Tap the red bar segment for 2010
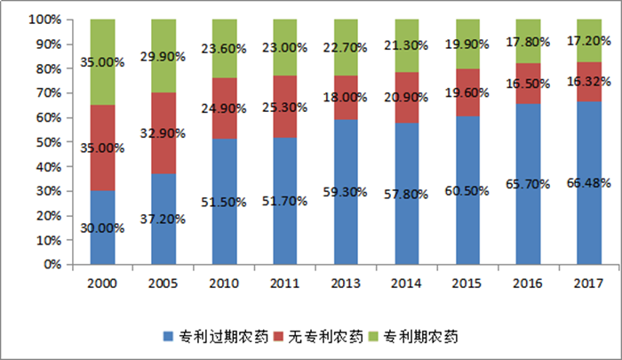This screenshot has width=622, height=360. click(x=225, y=108)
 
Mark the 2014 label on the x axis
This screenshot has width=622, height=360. click(x=407, y=283)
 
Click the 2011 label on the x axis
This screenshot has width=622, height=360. click(x=285, y=283)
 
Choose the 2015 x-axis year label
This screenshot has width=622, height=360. click(x=467, y=283)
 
